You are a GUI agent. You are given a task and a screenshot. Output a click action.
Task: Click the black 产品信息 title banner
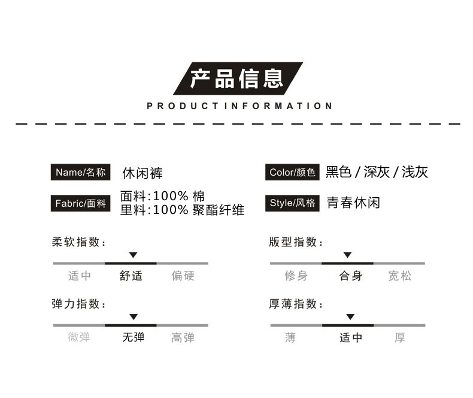pyautogui.click(x=238, y=79)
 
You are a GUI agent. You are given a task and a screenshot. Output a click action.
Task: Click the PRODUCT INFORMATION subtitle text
pyautogui.click(x=239, y=106)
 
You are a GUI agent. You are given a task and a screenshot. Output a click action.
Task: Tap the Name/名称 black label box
pyautogui.click(x=81, y=172)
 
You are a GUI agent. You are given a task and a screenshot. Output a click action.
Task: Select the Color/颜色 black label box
pyautogui.click(x=292, y=172)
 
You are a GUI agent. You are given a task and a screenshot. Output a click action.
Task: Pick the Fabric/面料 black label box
pyautogui.click(x=81, y=203)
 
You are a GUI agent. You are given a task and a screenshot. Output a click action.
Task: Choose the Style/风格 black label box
pyautogui.click(x=292, y=203)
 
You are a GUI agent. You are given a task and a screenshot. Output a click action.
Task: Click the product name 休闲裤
pyautogui.click(x=142, y=173)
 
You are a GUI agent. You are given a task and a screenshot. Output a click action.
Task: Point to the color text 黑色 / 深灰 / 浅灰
pyautogui.click(x=377, y=173)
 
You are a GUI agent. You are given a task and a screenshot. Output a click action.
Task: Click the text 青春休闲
pyautogui.click(x=353, y=203)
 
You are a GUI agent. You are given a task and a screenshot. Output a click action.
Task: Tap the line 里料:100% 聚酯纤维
pyautogui.click(x=182, y=210)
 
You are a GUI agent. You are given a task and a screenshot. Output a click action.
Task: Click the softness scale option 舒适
pyautogui.click(x=131, y=276)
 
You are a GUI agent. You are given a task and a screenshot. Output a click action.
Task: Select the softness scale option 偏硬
pyautogui.click(x=183, y=276)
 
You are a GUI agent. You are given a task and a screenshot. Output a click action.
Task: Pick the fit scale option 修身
pyautogui.click(x=296, y=276)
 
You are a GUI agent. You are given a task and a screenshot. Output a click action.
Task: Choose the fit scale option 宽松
pyautogui.click(x=399, y=276)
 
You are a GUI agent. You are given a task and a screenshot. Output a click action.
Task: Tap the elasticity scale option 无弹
pyautogui.click(x=133, y=337)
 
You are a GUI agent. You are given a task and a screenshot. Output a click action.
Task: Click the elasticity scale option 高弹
pyautogui.click(x=183, y=337)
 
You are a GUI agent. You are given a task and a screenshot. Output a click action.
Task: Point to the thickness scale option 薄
pyautogui.click(x=291, y=337)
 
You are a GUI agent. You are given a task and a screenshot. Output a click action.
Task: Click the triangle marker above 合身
pyautogui.click(x=347, y=255)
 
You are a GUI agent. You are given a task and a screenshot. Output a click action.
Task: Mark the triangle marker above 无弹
pyautogui.click(x=134, y=316)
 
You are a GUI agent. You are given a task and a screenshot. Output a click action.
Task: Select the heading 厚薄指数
pyautogui.click(x=295, y=304)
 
